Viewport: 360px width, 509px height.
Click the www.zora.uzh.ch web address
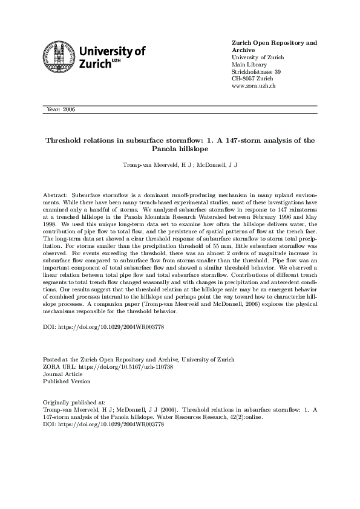tap(254, 86)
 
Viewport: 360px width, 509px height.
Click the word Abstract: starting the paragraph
tap(56, 196)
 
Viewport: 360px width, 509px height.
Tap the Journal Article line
tap(64, 374)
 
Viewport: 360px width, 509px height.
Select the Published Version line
tap(67, 381)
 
